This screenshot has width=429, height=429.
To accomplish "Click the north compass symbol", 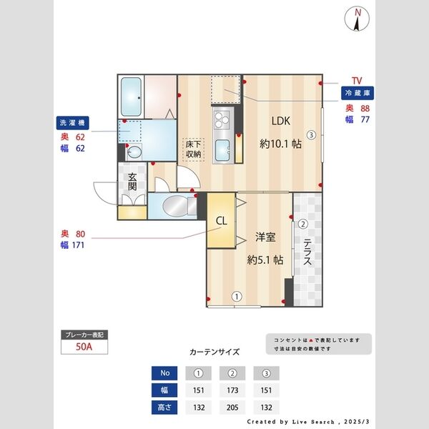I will (x=357, y=19).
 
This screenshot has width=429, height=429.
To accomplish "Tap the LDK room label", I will (x=280, y=121).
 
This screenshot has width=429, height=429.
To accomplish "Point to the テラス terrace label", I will (x=307, y=252).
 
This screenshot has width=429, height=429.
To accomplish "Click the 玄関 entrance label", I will (x=132, y=182).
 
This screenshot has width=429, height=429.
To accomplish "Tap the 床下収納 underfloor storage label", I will (x=193, y=149).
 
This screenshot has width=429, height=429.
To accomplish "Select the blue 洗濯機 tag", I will (x=71, y=122).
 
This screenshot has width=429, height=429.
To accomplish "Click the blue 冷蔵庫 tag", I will (x=357, y=94).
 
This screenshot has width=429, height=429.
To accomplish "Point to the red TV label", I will (x=357, y=81).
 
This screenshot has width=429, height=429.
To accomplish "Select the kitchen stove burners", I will (x=221, y=117).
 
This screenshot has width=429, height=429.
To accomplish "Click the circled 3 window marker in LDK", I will (x=311, y=134).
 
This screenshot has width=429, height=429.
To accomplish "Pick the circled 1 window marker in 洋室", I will (x=236, y=295).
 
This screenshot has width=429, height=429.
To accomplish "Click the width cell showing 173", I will (x=232, y=390).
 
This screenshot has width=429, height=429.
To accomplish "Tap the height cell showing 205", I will (x=232, y=408).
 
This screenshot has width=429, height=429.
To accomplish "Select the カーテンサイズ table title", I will (x=214, y=352).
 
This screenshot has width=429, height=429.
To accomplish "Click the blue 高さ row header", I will (x=165, y=408).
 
